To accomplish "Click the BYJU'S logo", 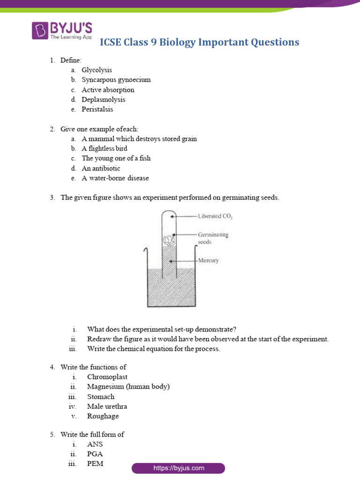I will (62, 30).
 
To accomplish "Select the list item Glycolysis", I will (97, 70).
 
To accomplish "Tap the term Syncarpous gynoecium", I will (116, 80).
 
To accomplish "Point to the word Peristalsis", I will (97, 109).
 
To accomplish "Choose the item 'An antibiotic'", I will (101, 168).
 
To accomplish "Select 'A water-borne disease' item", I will (115, 178).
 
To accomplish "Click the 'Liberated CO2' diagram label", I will (215, 217).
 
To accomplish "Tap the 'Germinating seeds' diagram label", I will (213, 238).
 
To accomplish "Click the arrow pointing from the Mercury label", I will (183, 261).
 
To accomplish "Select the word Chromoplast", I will (107, 377).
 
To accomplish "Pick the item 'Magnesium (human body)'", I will (128, 387).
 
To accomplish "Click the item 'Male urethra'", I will (107, 406).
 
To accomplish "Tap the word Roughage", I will (103, 416).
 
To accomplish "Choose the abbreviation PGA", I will (95, 454).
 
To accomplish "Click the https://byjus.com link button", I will (179, 468).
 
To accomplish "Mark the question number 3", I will (52, 198).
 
